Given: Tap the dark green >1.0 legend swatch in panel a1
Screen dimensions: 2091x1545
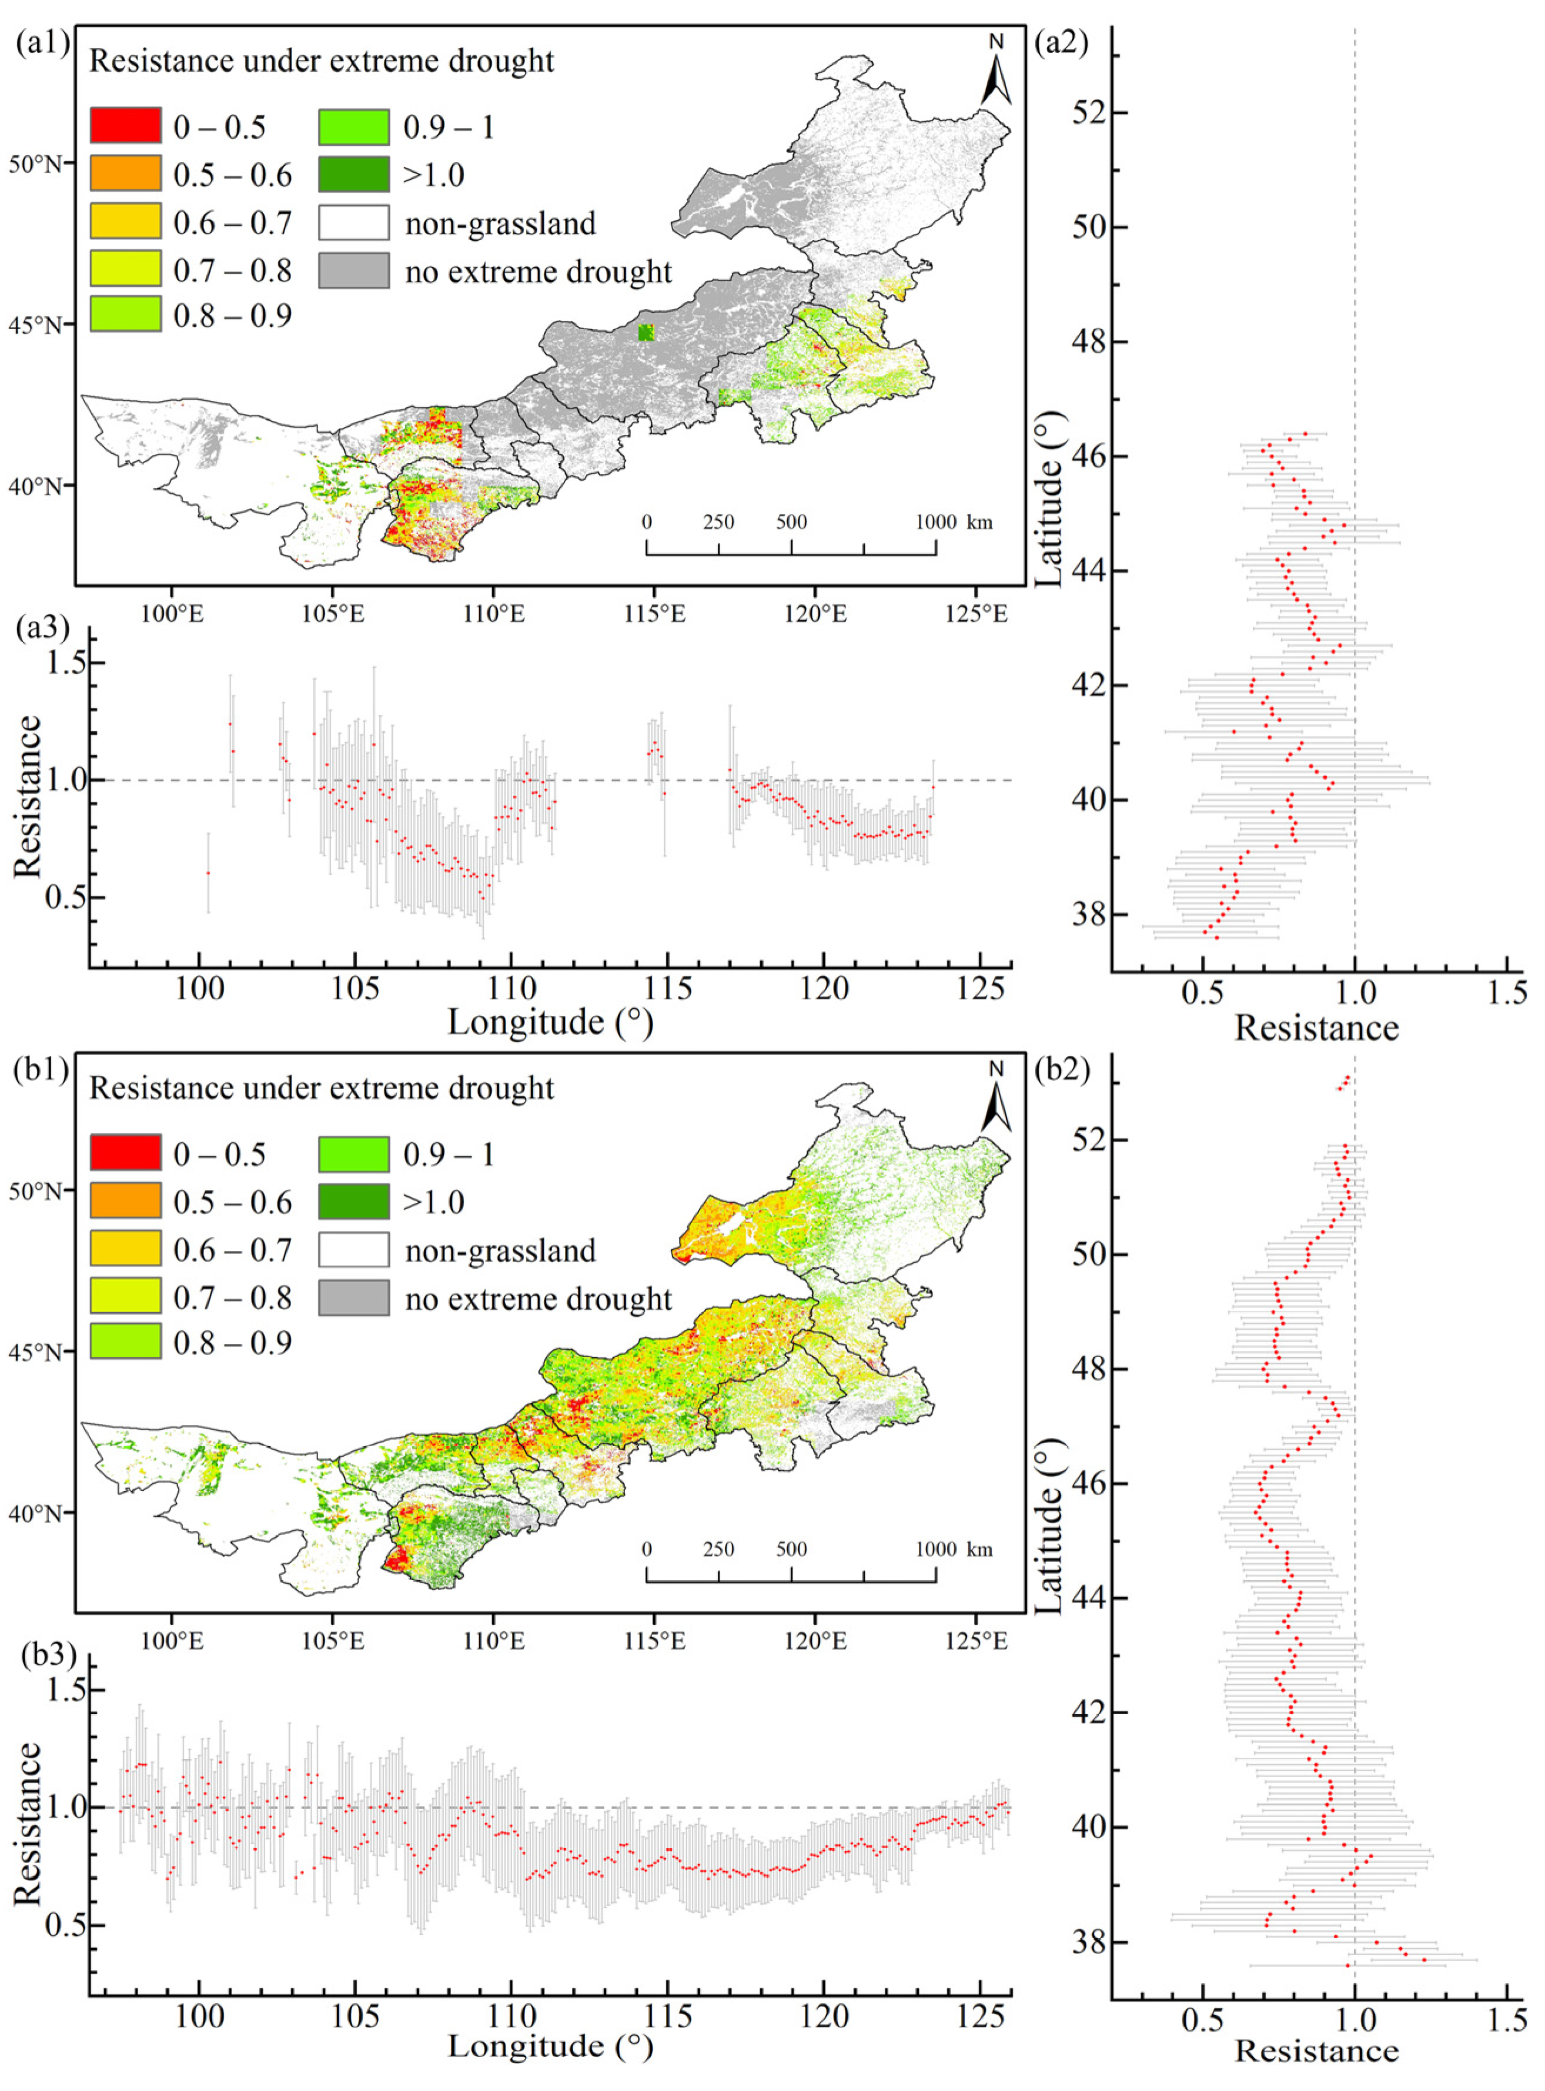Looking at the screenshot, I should point(353,174).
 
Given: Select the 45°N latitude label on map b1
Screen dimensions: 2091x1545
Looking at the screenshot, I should point(35,1352).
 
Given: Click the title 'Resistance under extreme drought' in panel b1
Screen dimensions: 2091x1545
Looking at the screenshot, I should point(321,1088).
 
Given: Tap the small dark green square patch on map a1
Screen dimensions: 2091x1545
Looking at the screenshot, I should point(646,332).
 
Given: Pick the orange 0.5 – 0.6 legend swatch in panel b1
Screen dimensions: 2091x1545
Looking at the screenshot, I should point(125,1202).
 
